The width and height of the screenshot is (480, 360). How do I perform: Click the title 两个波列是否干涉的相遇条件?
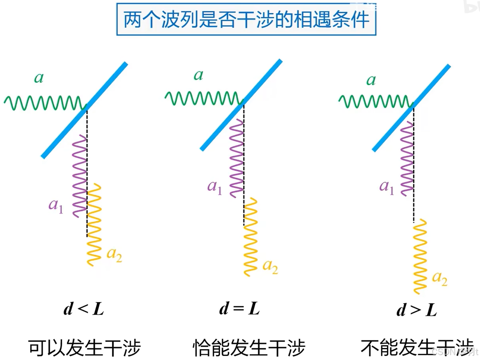(246, 19)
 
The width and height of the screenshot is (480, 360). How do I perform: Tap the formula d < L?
(84, 309)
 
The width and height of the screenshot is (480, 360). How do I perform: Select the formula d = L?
(239, 309)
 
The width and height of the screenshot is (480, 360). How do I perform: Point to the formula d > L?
(416, 310)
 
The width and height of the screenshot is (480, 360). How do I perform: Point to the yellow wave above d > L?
(420, 257)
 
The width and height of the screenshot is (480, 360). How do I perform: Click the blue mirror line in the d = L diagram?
(241, 105)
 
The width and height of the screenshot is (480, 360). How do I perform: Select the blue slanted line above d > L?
(411, 108)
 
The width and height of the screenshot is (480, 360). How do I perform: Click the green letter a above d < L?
(39, 78)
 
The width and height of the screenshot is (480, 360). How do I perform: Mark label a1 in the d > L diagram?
(387, 187)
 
